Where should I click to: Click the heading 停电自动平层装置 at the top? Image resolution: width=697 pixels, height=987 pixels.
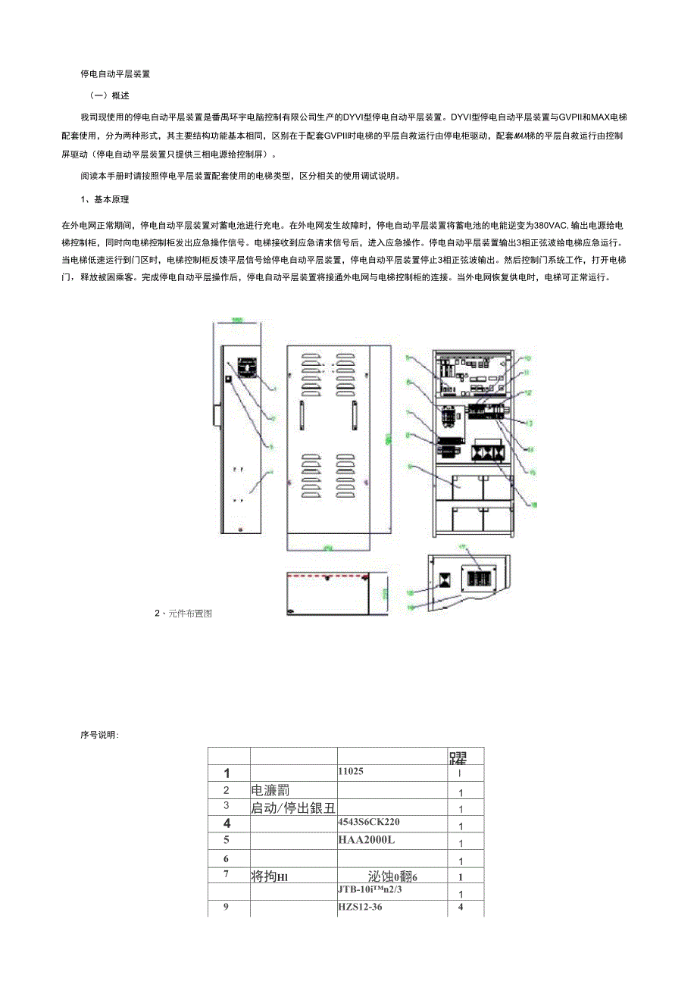coord(115,75)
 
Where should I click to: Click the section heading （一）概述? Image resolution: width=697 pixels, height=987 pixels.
coord(109,95)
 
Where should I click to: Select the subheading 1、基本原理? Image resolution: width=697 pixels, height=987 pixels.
coord(105,200)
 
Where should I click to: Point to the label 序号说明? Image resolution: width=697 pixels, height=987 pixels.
coord(99,735)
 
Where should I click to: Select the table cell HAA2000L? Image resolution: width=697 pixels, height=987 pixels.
coord(367,840)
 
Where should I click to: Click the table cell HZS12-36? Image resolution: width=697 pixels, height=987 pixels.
coord(360,907)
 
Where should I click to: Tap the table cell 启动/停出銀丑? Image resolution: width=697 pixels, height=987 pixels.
coord(292,807)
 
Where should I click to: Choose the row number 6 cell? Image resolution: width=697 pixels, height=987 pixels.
coord(226,859)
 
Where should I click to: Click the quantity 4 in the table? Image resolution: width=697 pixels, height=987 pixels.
coord(461,907)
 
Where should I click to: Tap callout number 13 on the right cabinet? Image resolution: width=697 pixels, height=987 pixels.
coord(528,423)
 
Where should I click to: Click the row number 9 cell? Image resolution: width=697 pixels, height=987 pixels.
coord(226,907)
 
